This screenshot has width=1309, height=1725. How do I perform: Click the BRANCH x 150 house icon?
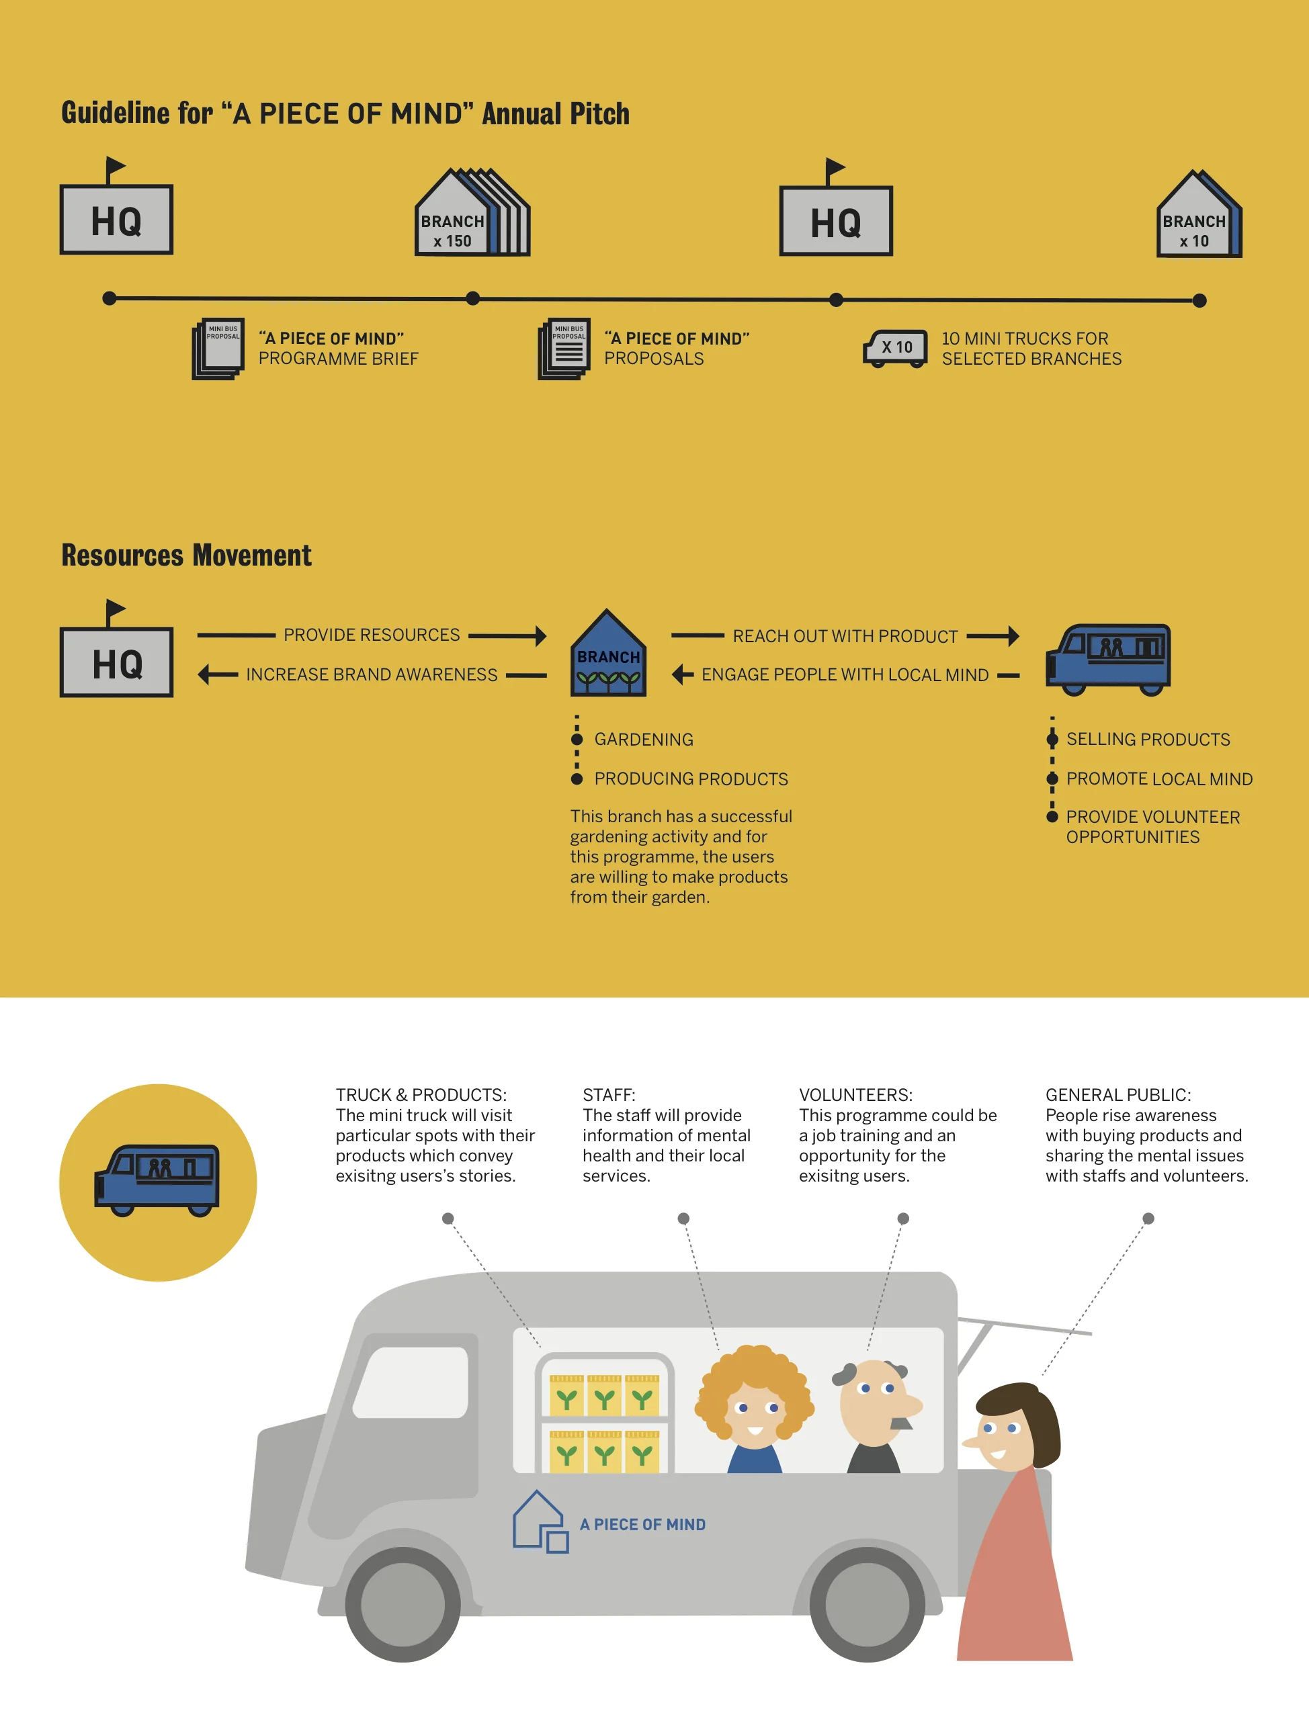(471, 213)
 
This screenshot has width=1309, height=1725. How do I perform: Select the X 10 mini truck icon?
(896, 348)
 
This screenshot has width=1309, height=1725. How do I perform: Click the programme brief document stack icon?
(218, 349)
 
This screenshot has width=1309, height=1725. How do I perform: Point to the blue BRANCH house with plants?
(609, 655)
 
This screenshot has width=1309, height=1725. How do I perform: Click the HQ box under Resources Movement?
(117, 662)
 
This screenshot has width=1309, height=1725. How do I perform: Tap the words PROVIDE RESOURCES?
(372, 635)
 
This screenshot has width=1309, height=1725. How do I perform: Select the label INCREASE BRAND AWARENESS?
(372, 674)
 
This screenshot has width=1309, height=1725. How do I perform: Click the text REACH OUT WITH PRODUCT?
(845, 636)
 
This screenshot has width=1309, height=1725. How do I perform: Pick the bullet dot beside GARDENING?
(577, 740)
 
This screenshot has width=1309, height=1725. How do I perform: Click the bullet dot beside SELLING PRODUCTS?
(1052, 740)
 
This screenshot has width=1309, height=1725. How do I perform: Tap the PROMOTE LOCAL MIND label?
(1158, 779)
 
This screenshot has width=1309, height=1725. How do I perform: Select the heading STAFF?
(609, 1095)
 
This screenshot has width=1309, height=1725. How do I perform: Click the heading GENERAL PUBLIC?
(1118, 1095)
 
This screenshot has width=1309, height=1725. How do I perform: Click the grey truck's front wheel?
(403, 1604)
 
